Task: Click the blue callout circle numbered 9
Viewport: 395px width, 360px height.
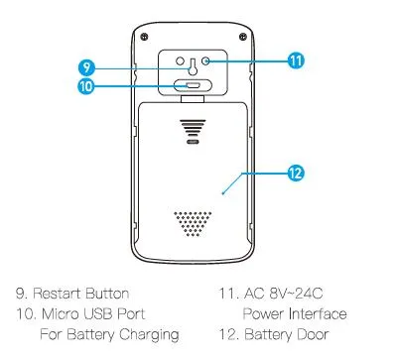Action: coord(86,66)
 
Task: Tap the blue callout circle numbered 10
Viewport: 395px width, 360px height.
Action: coord(86,85)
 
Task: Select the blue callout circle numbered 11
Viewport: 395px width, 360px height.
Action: coord(296,60)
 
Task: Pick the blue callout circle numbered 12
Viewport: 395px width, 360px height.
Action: coord(296,172)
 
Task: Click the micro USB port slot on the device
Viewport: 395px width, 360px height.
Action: coord(192,85)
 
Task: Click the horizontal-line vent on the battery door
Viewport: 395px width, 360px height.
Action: coord(192,128)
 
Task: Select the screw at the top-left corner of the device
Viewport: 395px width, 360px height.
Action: coord(145,36)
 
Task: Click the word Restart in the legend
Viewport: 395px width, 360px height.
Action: coord(61,294)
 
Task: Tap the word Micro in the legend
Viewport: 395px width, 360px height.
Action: coord(60,314)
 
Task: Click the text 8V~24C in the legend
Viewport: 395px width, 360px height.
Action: coord(297,294)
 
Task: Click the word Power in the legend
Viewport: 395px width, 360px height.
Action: coord(262,314)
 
